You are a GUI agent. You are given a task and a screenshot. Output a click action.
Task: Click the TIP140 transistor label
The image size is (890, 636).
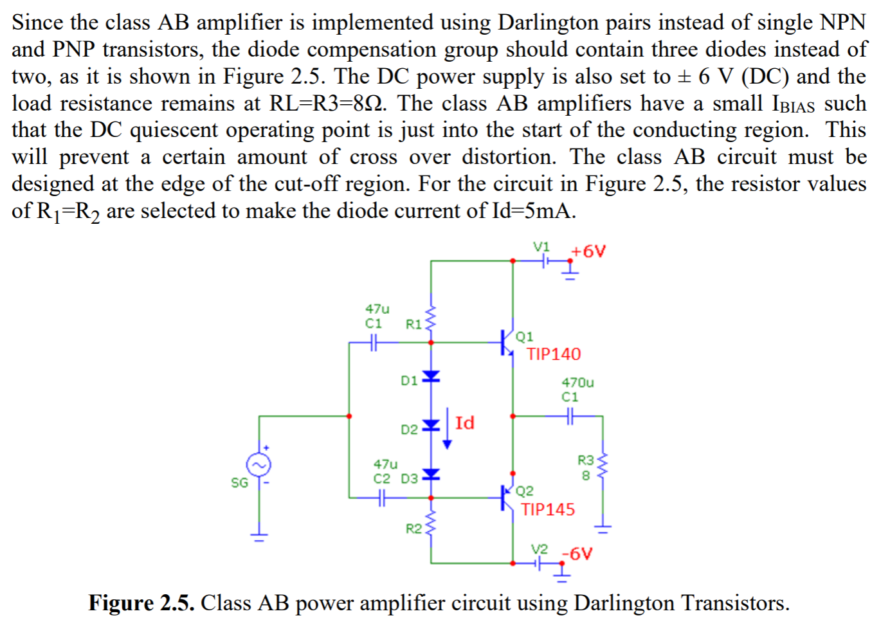point(554,354)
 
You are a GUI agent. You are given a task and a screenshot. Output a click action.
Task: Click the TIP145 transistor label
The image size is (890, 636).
point(548,509)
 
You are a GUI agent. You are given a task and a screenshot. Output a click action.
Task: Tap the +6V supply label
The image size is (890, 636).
point(588,251)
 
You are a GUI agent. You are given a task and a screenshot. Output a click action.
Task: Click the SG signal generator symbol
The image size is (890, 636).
point(259,465)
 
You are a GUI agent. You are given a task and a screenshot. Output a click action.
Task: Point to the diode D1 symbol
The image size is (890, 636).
point(431,376)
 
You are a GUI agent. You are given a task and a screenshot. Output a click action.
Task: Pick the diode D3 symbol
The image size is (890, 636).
point(431,475)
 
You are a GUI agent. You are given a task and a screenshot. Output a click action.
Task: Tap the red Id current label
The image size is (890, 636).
point(464,422)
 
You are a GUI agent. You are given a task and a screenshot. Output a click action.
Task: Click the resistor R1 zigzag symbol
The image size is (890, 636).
point(431,318)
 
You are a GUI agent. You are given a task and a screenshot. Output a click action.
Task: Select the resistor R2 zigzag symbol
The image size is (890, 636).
point(431,522)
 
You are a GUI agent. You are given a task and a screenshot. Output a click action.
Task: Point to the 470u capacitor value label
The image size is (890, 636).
point(577,383)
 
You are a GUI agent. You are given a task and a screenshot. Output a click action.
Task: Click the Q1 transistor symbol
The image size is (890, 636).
point(507,342)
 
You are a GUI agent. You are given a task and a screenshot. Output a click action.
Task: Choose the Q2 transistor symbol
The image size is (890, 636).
point(507,497)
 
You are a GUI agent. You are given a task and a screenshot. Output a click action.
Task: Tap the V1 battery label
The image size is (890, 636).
point(541,247)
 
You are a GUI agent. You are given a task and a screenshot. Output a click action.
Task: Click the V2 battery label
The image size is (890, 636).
point(540,549)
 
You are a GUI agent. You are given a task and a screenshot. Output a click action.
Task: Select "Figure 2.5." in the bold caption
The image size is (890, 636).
point(141,603)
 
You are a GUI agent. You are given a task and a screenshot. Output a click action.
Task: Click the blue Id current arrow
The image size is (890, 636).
point(447,428)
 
